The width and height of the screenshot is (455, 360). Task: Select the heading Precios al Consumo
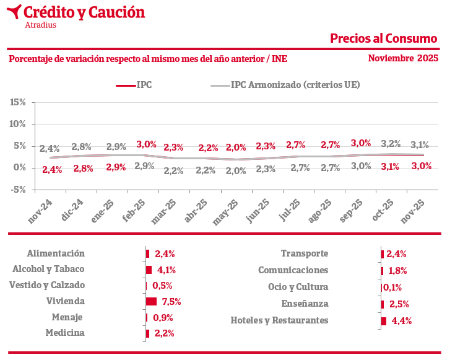[x=383, y=38]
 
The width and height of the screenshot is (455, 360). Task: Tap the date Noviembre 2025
[x=403, y=58]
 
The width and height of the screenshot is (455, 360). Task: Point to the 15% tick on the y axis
[x=18, y=102]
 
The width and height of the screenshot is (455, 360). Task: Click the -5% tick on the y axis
[x=18, y=190]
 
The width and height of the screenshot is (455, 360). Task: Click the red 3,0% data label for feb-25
[x=147, y=144]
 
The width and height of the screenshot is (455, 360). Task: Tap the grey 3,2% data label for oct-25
[x=391, y=144]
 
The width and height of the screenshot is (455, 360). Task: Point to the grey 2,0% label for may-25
[x=236, y=171]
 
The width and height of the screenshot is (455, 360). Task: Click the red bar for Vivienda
[x=151, y=302]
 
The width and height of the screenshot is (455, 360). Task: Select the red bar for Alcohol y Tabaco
[x=149, y=270]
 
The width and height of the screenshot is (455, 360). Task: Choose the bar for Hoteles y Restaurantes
[x=384, y=321]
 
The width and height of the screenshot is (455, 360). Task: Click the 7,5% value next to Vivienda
[x=171, y=302]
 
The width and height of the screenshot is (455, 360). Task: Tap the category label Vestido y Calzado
[x=47, y=285]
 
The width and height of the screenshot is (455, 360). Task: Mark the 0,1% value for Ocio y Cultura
[x=392, y=288]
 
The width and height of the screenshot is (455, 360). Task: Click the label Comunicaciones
[x=293, y=270]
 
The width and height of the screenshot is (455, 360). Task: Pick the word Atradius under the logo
[x=41, y=25]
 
